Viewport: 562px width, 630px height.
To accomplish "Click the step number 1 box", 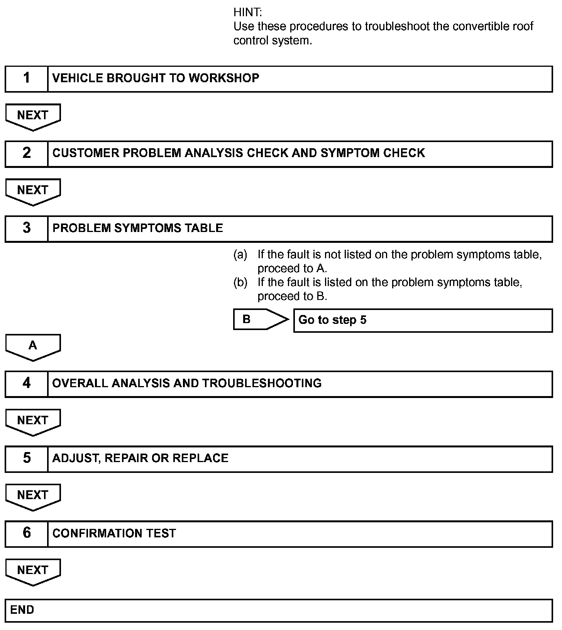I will coord(26,79).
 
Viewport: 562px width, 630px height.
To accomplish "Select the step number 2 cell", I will coord(26,154).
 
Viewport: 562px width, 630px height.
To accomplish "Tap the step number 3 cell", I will coord(26,229).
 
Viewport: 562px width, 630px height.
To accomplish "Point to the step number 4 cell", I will coord(26,384).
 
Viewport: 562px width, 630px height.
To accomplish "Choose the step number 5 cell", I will coord(26,459).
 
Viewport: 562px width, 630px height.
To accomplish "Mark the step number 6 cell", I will coord(26,533).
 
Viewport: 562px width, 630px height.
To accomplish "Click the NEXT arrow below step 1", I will coord(33,116).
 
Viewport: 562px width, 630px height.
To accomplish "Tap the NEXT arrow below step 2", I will coord(33,191).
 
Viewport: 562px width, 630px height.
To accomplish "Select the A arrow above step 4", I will coord(33,346).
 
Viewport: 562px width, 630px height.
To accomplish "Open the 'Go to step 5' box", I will coord(423,320).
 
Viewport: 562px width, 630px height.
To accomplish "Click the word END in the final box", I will coord(22,610).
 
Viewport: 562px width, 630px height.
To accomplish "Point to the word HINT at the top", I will coord(247,12).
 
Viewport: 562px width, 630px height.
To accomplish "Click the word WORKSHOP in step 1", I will coord(223,78).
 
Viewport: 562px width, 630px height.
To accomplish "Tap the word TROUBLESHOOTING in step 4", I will coord(262,383).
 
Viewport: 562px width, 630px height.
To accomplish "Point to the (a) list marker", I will coord(240,254).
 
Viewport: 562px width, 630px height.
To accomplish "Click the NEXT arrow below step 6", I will coord(33,571).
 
